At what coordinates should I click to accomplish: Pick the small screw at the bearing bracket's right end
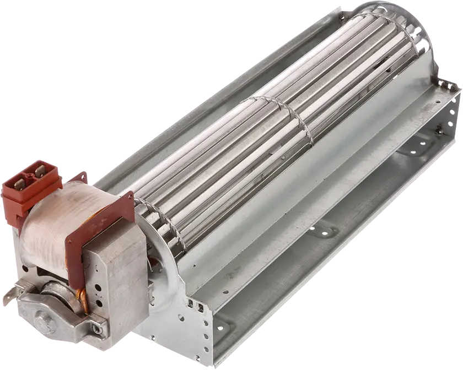tap(97, 329)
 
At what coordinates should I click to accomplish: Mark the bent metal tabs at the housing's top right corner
tap(446, 85)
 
